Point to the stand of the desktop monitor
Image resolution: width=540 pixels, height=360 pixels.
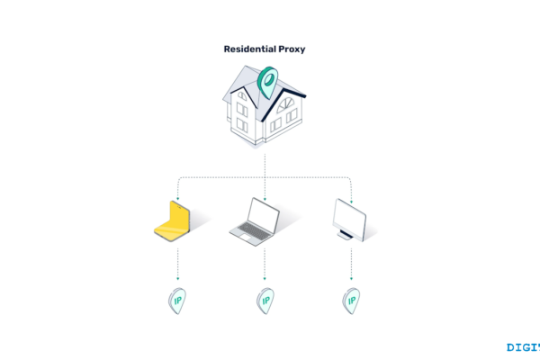[x=346, y=236]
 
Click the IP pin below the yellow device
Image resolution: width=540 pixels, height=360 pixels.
[x=177, y=300]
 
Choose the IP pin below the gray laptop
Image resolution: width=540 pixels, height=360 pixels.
[x=265, y=300]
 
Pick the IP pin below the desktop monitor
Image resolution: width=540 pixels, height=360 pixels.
[x=350, y=300]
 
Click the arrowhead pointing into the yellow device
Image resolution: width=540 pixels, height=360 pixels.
[x=177, y=199]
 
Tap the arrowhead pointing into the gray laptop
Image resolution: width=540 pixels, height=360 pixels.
[x=265, y=199]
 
